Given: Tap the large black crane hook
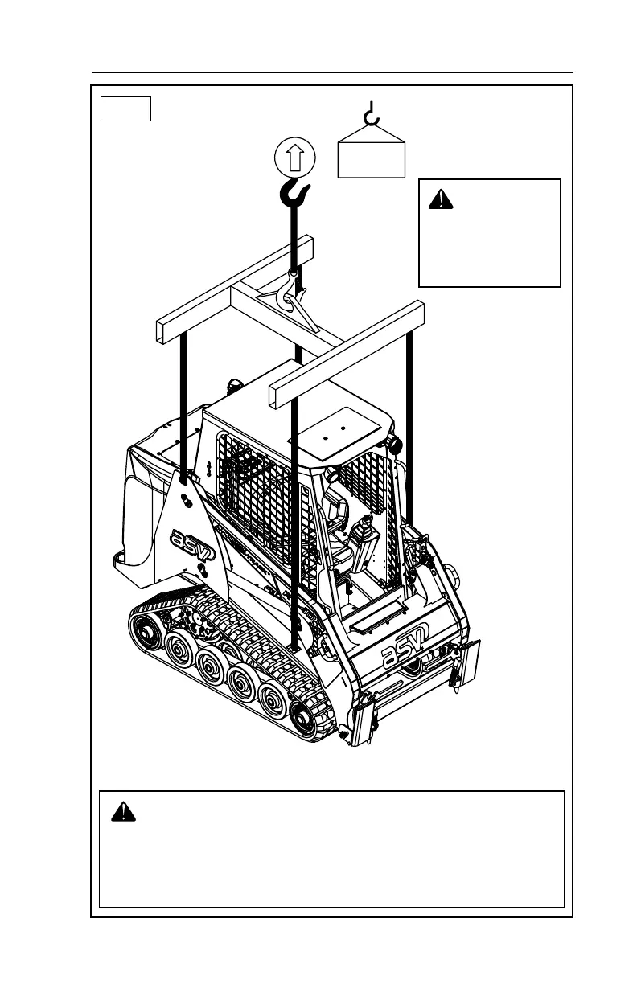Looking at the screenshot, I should tap(294, 194).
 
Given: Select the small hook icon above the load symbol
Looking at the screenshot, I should tap(371, 115).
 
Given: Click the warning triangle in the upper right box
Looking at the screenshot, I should tap(440, 199).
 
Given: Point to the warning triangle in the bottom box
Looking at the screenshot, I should tap(123, 811).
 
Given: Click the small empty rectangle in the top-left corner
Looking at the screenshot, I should tap(125, 108).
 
